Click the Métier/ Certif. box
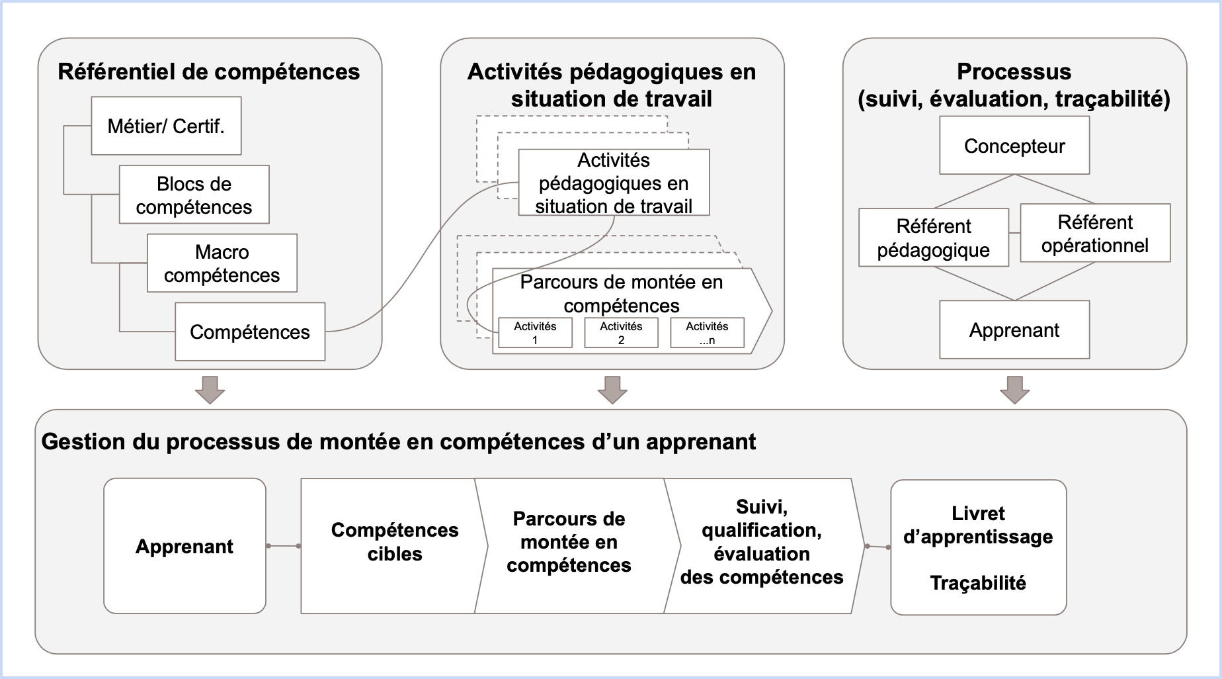tap(166, 126)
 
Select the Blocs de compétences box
tap(194, 195)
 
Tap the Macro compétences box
tap(222, 263)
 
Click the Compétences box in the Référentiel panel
tap(250, 332)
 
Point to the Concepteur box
tap(1014, 146)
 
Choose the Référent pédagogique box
tap(934, 238)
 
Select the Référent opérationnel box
tap(1095, 233)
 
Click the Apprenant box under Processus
tap(1014, 330)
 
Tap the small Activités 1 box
tap(535, 333)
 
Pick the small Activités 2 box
tap(621, 333)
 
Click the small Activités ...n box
tap(707, 333)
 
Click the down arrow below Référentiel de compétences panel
tap(210, 390)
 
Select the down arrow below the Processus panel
tap(1014, 390)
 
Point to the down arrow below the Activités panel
tap(612, 390)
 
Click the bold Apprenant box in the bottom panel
tap(184, 546)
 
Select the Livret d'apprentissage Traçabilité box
tap(978, 547)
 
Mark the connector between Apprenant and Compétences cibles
tap(283, 546)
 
